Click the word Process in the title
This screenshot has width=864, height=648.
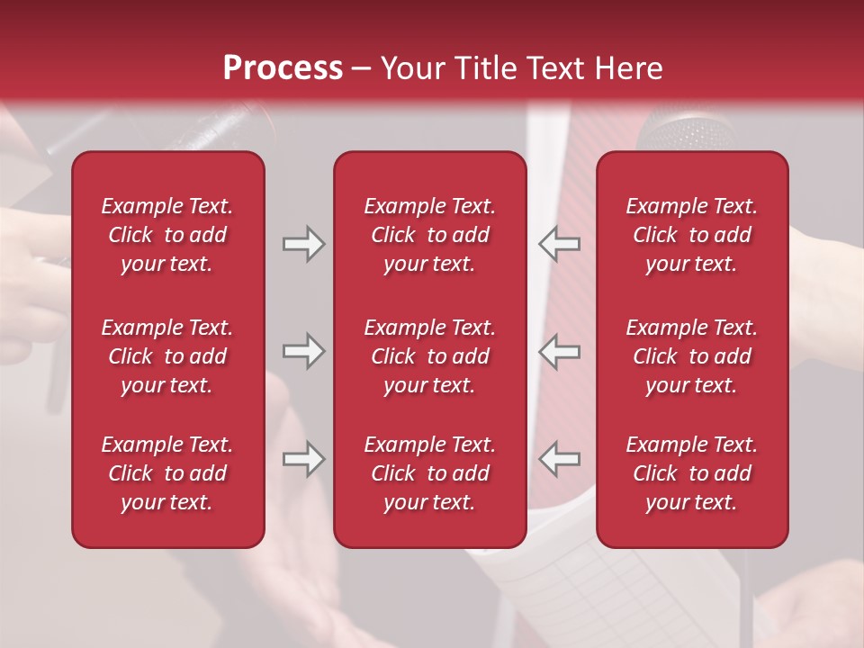point(283,68)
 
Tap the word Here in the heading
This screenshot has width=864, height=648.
point(627,68)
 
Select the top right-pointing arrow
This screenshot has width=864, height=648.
point(304,243)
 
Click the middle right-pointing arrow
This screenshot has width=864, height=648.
point(304,351)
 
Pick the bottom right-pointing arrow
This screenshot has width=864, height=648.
point(304,459)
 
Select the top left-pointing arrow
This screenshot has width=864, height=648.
point(559,243)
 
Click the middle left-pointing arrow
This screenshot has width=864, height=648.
point(559,351)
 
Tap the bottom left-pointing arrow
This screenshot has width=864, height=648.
point(559,459)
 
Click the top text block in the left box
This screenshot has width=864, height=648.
point(167,235)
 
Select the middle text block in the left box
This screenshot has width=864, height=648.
point(167,356)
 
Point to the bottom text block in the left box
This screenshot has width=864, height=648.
point(167,473)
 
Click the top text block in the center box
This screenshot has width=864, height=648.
point(430,235)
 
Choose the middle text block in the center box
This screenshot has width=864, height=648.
point(430,356)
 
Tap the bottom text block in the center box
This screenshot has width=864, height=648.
point(430,473)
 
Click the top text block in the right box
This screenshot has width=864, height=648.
point(692,235)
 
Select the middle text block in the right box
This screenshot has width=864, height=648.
point(692,356)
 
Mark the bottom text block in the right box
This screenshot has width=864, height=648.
point(692,473)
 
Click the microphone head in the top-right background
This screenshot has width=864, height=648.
point(684,130)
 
